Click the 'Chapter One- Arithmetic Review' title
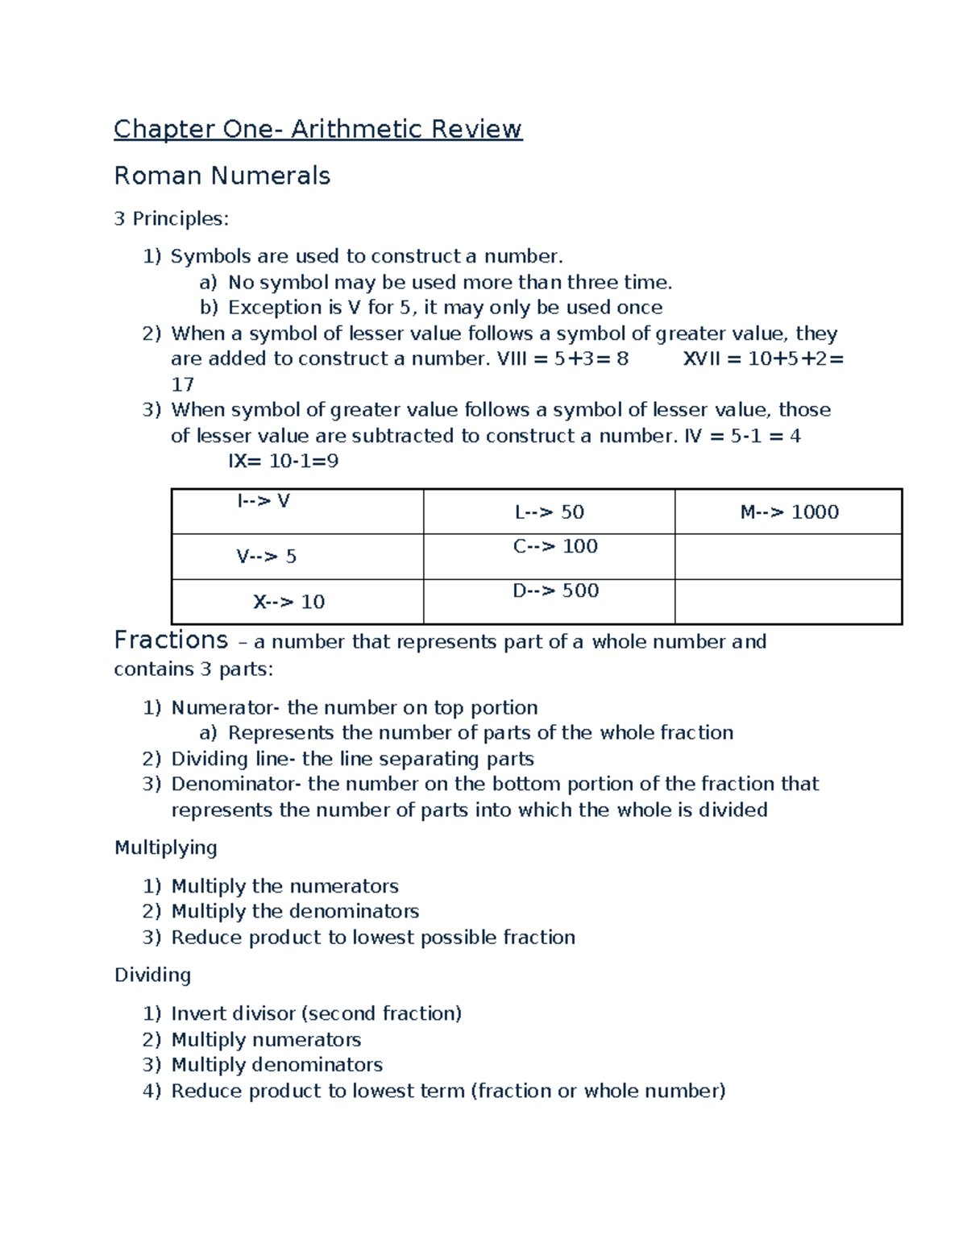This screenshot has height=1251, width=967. coord(317,129)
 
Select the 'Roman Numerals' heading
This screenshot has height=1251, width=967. coord(222,176)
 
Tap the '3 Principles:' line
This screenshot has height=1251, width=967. coord(171,218)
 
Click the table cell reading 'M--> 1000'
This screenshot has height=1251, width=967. coord(789,512)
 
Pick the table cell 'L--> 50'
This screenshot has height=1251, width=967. coord(549,512)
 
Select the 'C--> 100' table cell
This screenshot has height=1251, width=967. coord(555,547)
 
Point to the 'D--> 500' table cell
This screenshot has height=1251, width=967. coord(555,591)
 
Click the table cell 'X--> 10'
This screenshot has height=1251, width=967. coord(288,603)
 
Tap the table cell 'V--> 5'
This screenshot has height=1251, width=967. coord(266,557)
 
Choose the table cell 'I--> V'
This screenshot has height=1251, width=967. coord(263,501)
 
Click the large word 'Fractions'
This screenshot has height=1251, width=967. coord(171,640)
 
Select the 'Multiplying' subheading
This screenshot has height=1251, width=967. coord(165,847)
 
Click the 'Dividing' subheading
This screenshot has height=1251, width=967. coord(152,975)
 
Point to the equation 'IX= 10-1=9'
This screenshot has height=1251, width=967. coord(283,462)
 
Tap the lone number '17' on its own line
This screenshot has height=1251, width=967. coord(182,384)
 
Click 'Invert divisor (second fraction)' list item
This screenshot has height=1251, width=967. coord(316,1013)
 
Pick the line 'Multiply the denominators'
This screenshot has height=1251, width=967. coord(295,911)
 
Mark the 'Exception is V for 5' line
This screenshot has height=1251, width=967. coord(445,308)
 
